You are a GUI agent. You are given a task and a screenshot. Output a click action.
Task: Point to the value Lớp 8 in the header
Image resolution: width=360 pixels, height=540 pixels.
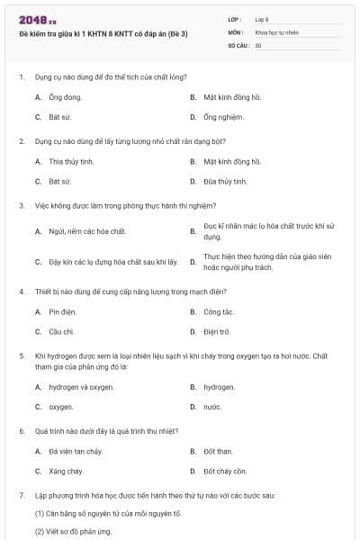[262, 19]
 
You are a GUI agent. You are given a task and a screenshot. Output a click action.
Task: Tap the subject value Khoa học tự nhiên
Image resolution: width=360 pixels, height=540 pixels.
[277, 31]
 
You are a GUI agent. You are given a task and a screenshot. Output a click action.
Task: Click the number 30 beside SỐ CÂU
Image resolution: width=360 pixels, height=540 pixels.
[258, 45]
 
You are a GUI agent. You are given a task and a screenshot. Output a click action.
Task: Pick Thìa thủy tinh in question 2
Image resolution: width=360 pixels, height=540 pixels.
[71, 161]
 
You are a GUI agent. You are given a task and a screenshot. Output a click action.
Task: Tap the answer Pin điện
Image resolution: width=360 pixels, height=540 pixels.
[62, 311]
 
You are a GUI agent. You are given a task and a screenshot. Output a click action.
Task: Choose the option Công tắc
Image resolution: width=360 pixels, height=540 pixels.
[219, 311]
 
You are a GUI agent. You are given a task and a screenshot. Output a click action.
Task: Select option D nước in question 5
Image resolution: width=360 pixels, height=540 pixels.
[212, 407]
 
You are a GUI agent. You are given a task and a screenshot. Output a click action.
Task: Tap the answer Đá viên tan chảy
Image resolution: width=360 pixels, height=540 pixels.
[76, 451]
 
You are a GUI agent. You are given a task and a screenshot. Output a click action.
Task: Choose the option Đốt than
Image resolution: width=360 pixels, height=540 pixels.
[218, 451]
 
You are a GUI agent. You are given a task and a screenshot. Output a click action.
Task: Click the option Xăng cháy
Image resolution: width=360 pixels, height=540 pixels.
[66, 471]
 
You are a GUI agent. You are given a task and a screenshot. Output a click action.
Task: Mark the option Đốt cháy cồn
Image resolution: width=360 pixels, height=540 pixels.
[225, 471]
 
